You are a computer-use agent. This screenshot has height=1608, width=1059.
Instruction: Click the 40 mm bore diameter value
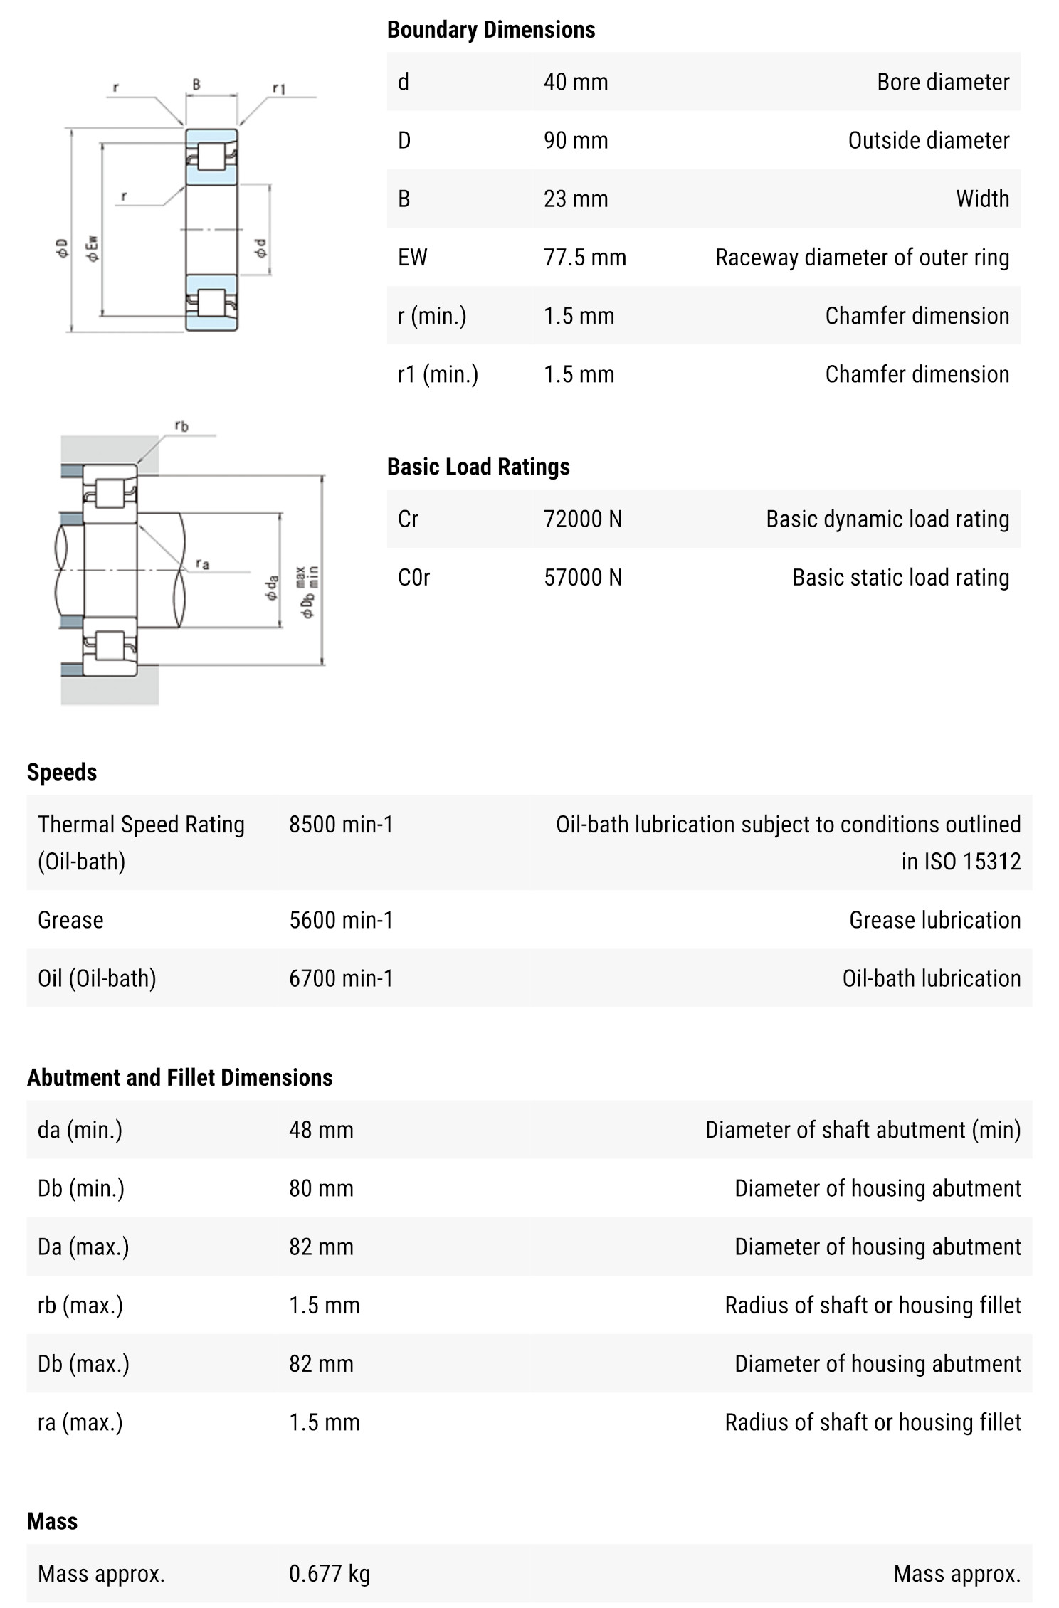pyautogui.click(x=575, y=82)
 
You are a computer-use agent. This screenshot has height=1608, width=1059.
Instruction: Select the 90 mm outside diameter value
pyautogui.click(x=575, y=140)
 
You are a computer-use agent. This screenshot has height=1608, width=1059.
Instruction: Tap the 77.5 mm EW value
pyautogui.click(x=584, y=257)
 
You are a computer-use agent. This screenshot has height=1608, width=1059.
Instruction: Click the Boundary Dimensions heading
pyautogui.click(x=490, y=29)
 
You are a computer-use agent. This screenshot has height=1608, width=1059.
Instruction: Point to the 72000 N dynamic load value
pyautogui.click(x=582, y=519)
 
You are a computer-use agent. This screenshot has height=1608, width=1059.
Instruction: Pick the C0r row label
pyautogui.click(x=413, y=577)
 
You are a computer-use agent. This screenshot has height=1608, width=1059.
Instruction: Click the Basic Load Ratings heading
pyautogui.click(x=478, y=466)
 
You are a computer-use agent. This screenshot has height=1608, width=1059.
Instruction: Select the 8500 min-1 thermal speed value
pyautogui.click(x=340, y=824)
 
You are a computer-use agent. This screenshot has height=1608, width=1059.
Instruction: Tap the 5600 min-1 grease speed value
pyautogui.click(x=340, y=919)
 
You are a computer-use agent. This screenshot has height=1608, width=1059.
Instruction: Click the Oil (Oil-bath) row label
pyautogui.click(x=97, y=978)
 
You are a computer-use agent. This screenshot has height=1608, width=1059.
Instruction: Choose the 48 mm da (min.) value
pyautogui.click(x=320, y=1129)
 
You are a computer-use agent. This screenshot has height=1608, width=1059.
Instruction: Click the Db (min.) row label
pyautogui.click(x=80, y=1188)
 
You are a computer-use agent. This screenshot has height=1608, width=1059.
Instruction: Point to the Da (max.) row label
pyautogui.click(x=83, y=1246)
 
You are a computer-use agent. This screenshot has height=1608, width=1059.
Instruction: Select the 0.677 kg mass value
pyautogui.click(x=329, y=1573)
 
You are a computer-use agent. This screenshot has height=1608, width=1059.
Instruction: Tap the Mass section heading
pyautogui.click(x=52, y=1520)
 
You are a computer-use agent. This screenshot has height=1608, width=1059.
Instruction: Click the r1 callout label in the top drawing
pyautogui.click(x=279, y=89)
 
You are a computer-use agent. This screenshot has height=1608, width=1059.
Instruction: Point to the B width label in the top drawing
pyautogui.click(x=196, y=85)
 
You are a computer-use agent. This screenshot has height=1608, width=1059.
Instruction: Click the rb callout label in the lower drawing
pyautogui.click(x=181, y=426)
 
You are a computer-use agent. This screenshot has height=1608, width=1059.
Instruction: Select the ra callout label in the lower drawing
pyautogui.click(x=202, y=564)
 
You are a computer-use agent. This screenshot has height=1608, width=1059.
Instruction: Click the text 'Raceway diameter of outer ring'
pyautogui.click(x=862, y=257)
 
